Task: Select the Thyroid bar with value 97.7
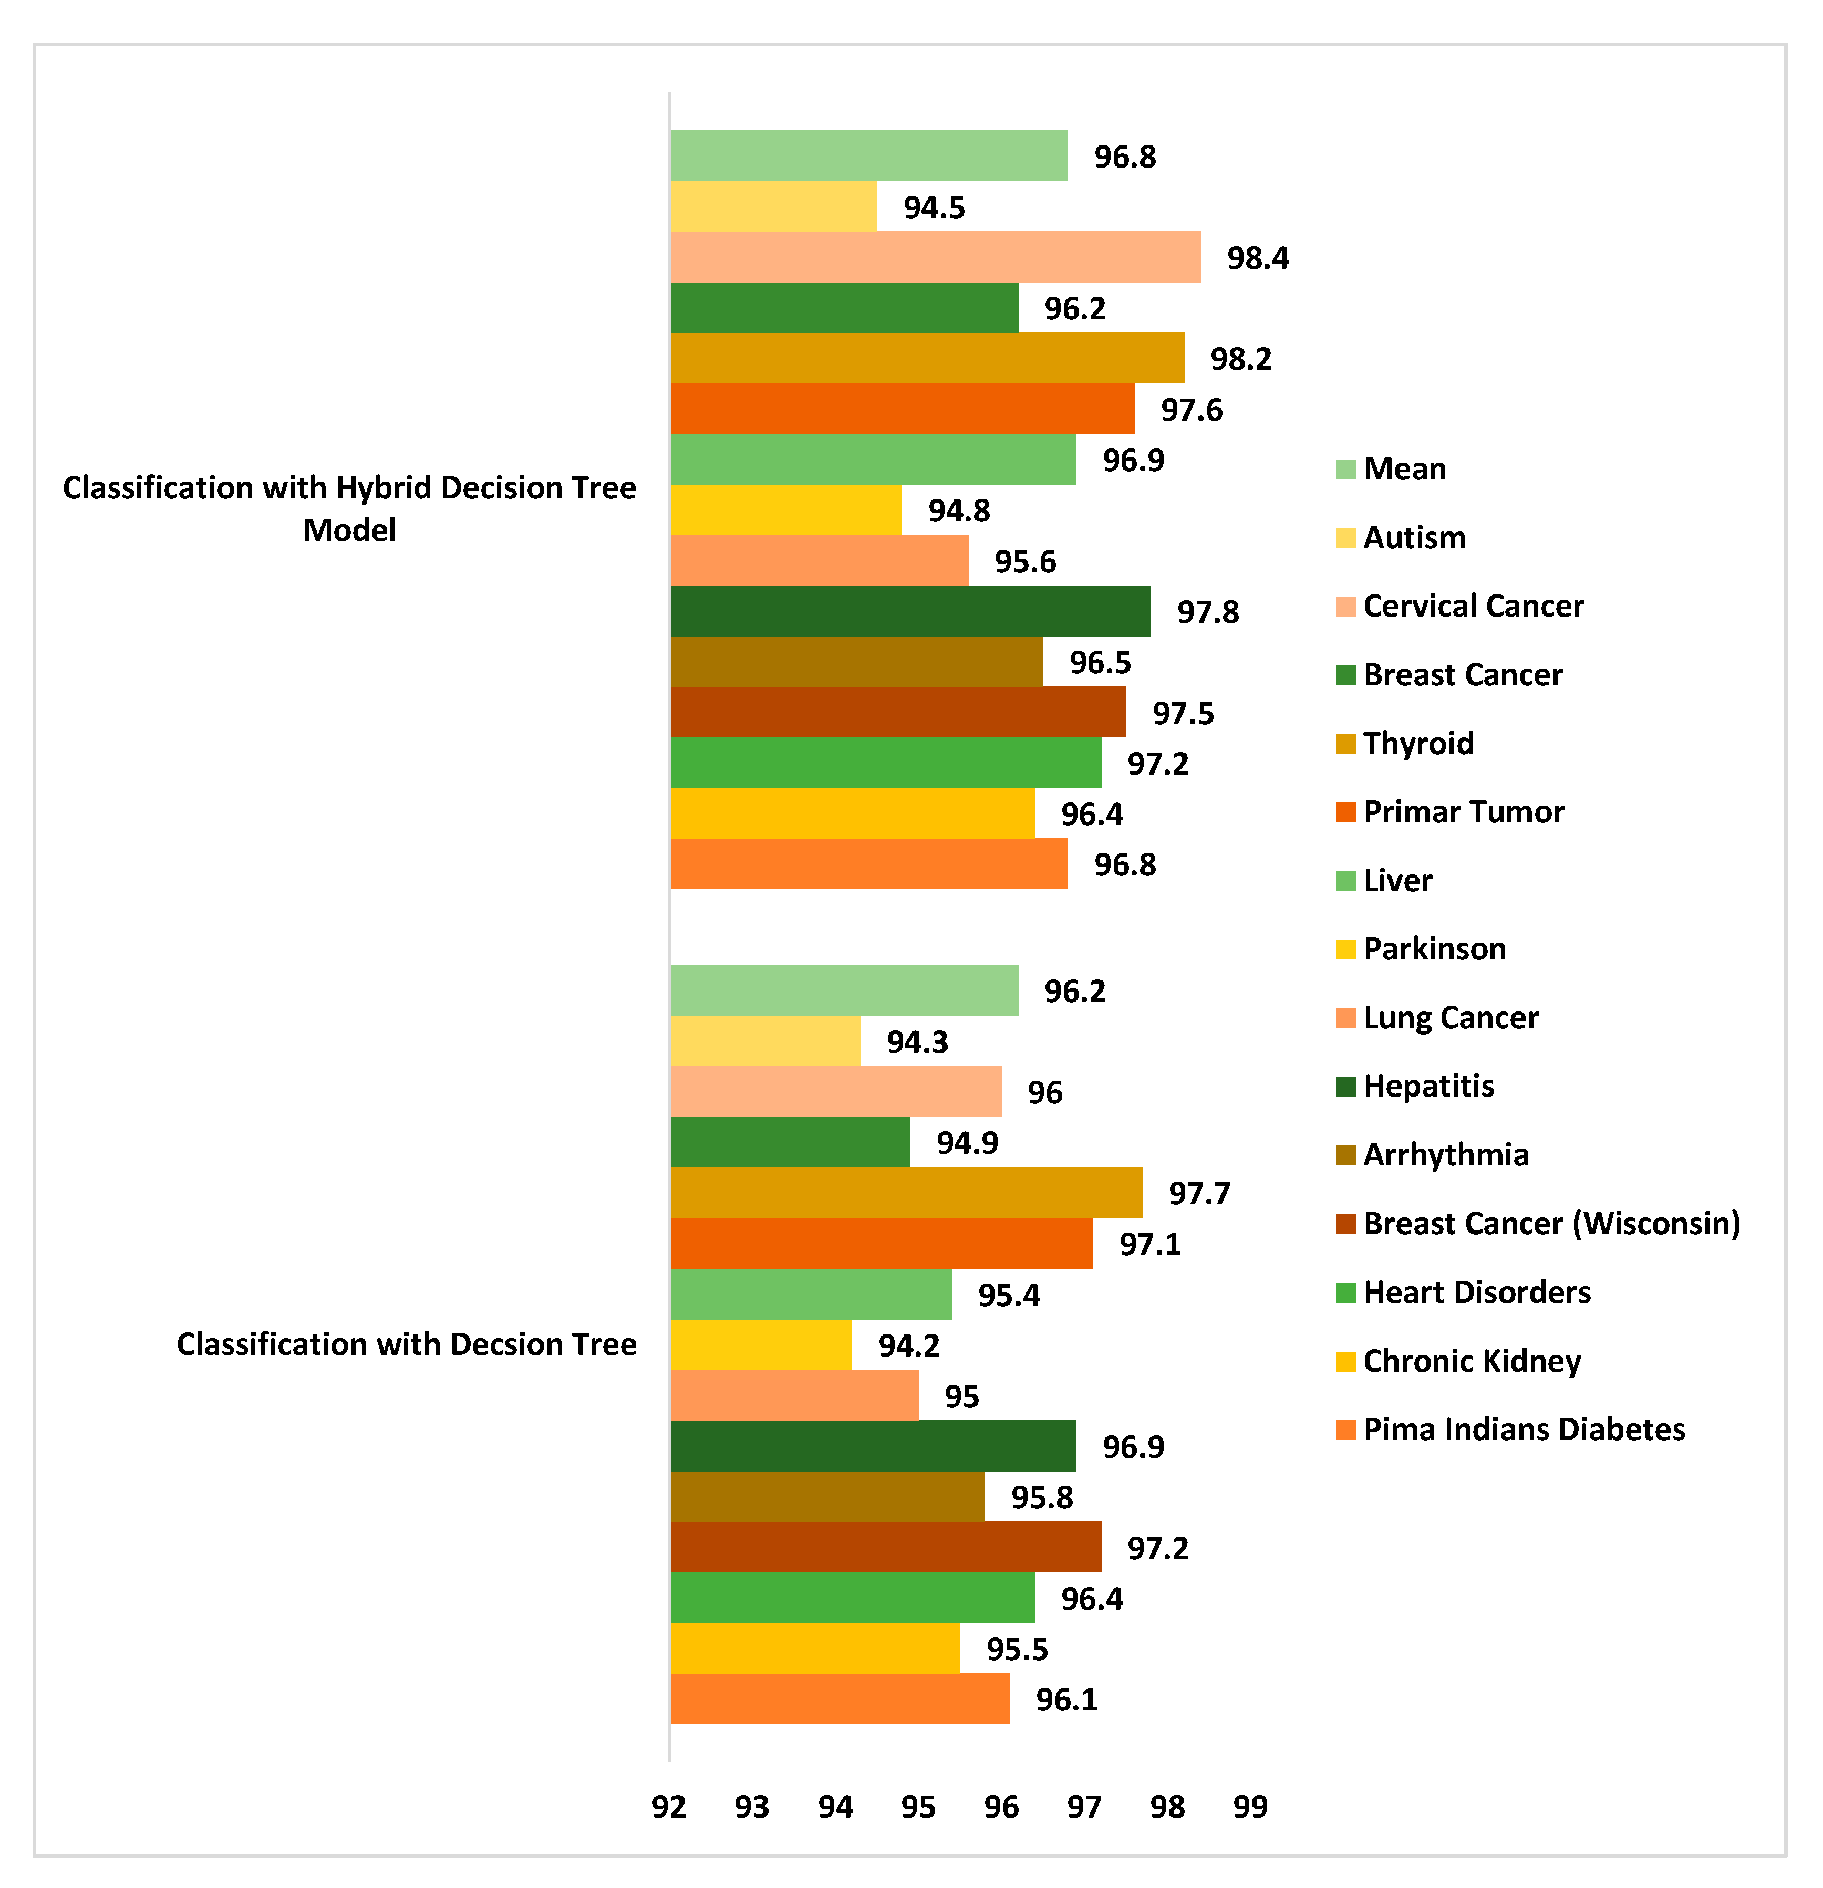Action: pos(906,1193)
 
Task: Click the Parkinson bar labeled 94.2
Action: pos(761,1345)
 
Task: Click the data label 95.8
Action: pos(1042,1497)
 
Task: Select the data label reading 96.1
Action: pos(1066,1699)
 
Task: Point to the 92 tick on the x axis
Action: pos(669,1807)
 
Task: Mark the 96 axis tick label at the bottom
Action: pos(1001,1807)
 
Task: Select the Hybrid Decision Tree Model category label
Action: pos(349,508)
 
